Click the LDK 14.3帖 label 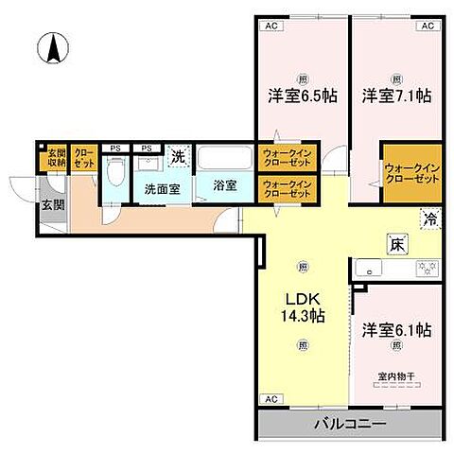pos(301,309)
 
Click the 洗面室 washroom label pos(161,187)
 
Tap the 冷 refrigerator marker pos(429,219)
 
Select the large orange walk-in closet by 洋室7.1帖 pos(411,172)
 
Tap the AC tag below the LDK pos(271,399)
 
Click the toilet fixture pos(115,174)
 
